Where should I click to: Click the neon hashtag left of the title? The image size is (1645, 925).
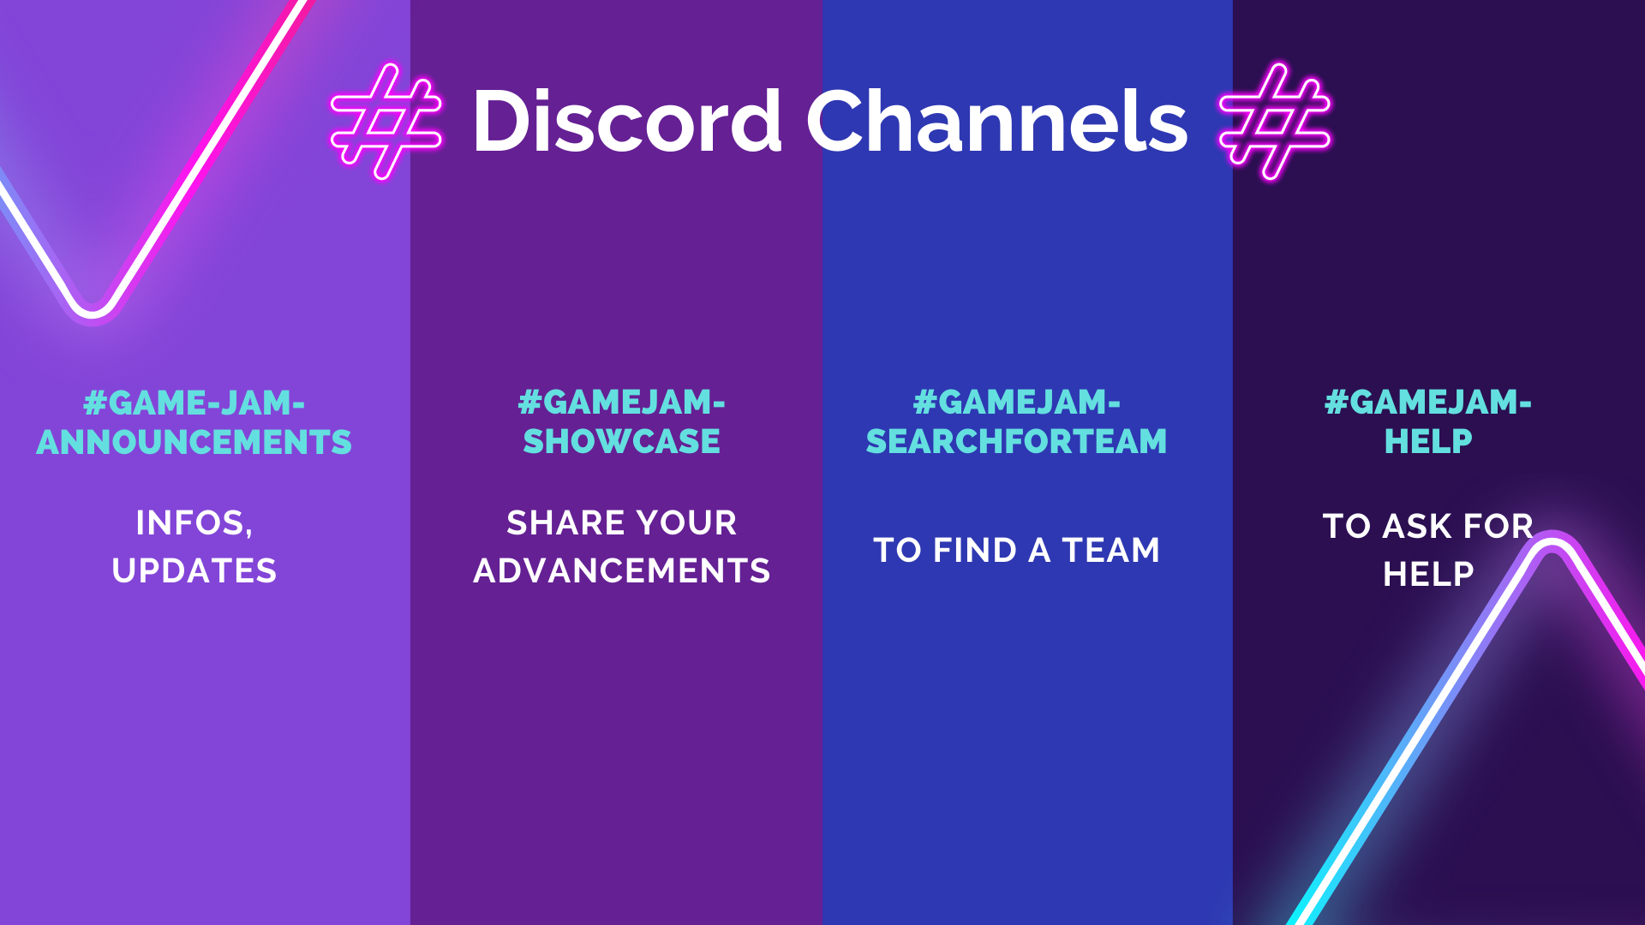[386, 121]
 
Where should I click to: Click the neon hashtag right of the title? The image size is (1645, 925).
[1275, 121]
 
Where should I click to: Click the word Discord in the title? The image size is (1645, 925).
[626, 122]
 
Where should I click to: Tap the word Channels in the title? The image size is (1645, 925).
[996, 122]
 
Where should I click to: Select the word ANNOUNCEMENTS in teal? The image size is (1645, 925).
[194, 443]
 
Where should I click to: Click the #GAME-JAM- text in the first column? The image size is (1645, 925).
[194, 403]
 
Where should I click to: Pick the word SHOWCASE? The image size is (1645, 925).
[621, 442]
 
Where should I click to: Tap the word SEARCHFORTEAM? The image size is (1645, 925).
[1016, 442]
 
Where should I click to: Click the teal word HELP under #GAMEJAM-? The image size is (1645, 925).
[1428, 442]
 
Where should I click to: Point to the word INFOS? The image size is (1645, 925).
[194, 523]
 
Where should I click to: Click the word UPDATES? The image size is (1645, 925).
[194, 571]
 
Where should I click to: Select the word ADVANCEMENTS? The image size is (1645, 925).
[621, 571]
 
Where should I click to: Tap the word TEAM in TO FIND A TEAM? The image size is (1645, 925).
[1110, 551]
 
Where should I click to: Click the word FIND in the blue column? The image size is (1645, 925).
[974, 551]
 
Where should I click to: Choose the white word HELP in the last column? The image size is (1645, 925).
[1428, 575]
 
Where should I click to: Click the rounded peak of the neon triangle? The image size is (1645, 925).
[1552, 541]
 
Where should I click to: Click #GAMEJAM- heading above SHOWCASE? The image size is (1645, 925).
[621, 403]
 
